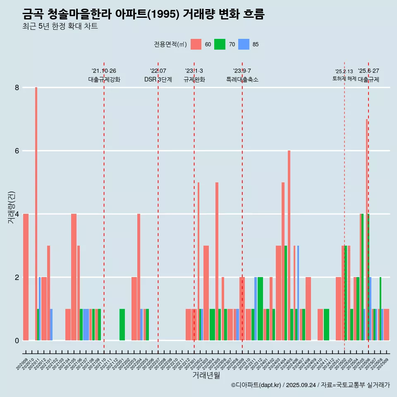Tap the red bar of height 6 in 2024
pyautogui.click(x=289, y=244)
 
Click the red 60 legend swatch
pyautogui.click(x=196, y=44)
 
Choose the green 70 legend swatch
pyautogui.click(x=220, y=44)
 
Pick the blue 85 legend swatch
pyautogui.click(x=244, y=44)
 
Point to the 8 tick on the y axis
pyautogui.click(x=17, y=88)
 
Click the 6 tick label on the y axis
pyautogui.click(x=17, y=151)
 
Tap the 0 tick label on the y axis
pyautogui.click(x=17, y=341)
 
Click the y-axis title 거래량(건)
pyautogui.click(x=12, y=207)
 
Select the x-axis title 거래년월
pyautogui.click(x=206, y=375)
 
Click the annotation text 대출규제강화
pyautogui.click(x=104, y=79)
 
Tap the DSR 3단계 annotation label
pyautogui.click(x=158, y=79)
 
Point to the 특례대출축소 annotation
pyautogui.click(x=242, y=79)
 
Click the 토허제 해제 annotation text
pyautogui.click(x=344, y=79)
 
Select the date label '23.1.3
pyautogui.click(x=194, y=71)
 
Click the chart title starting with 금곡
pyautogui.click(x=143, y=14)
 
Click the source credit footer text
pyautogui.click(x=310, y=385)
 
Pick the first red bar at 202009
pyautogui.click(x=26, y=277)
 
